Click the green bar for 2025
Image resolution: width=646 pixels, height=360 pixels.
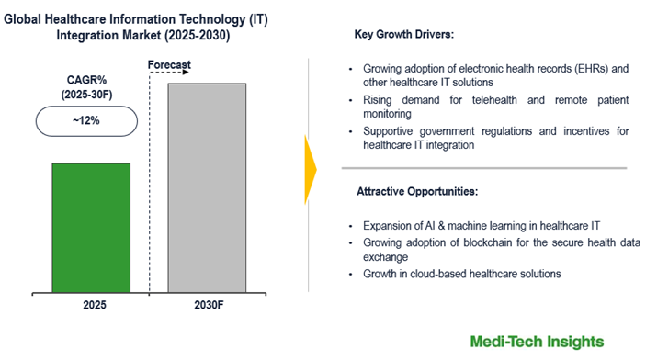tap(90, 229)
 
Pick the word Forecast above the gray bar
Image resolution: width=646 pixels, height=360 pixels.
tap(172, 64)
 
